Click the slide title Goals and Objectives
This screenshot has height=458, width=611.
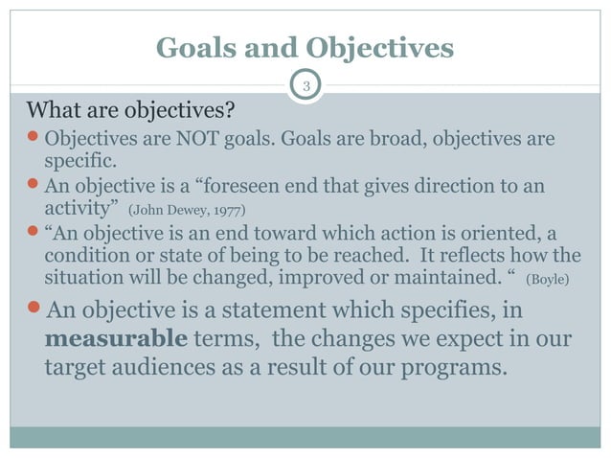click(305, 47)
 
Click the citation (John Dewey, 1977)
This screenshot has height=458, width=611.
click(185, 208)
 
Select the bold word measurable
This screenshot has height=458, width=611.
click(102, 340)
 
